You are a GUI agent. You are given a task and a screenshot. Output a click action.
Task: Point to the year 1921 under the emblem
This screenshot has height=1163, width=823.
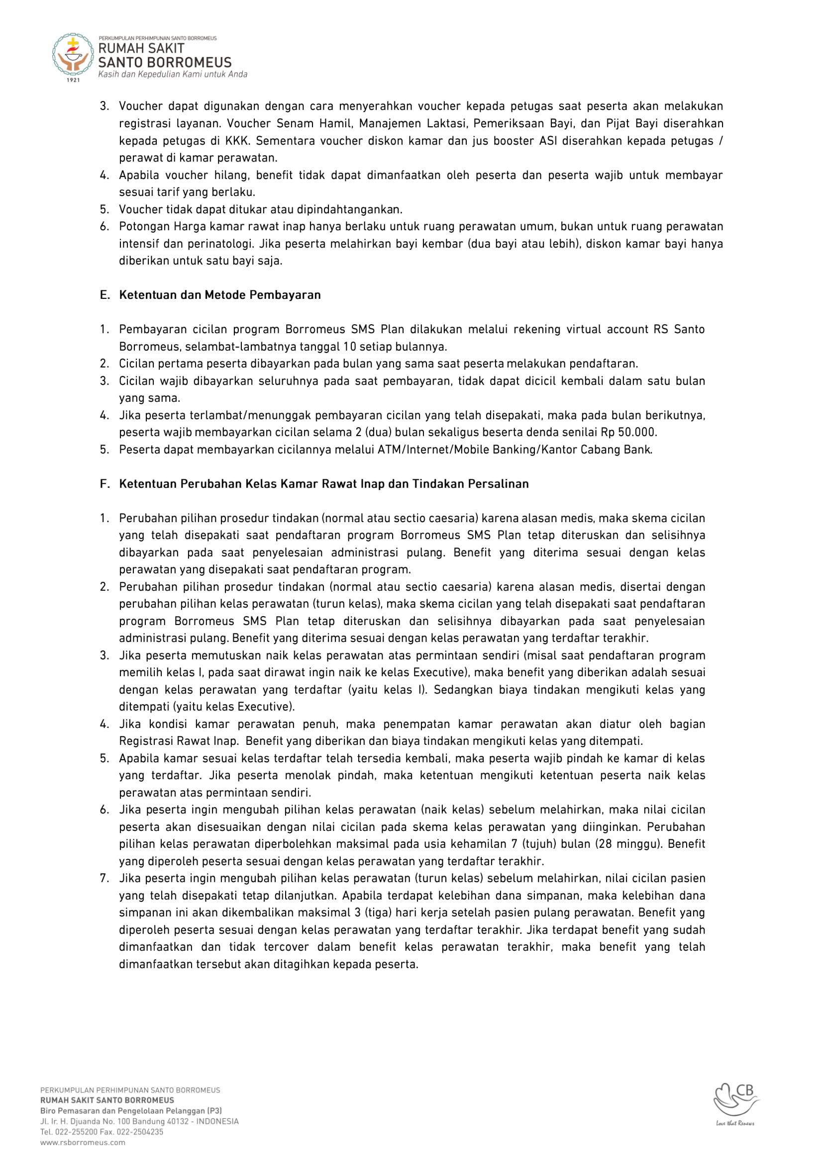74,80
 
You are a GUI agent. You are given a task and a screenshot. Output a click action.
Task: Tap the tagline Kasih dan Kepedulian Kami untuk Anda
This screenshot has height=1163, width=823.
172,75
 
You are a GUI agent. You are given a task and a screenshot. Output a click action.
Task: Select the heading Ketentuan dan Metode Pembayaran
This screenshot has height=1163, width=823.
219,295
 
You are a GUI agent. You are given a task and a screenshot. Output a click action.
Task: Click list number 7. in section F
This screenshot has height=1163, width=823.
104,878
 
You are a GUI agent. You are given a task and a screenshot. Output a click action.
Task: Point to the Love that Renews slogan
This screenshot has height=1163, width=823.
735,1123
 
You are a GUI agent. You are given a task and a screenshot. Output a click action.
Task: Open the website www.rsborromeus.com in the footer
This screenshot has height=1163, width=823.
83,1142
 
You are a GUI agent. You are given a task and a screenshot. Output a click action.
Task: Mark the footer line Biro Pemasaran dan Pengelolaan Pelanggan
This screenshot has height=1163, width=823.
131,1110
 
